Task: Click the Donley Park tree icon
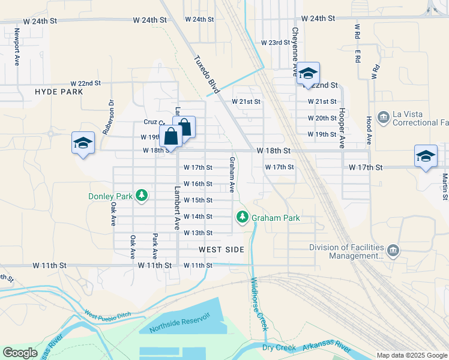pos(142,195)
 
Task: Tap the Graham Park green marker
pos(243,217)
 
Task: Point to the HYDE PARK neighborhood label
pos(59,92)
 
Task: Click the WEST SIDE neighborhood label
pos(221,249)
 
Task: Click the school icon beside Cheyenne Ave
pos(308,74)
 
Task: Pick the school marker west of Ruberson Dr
pos(83,143)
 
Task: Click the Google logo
pos(20,353)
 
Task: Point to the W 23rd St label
pos(275,43)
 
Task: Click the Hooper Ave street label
pos(341,128)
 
